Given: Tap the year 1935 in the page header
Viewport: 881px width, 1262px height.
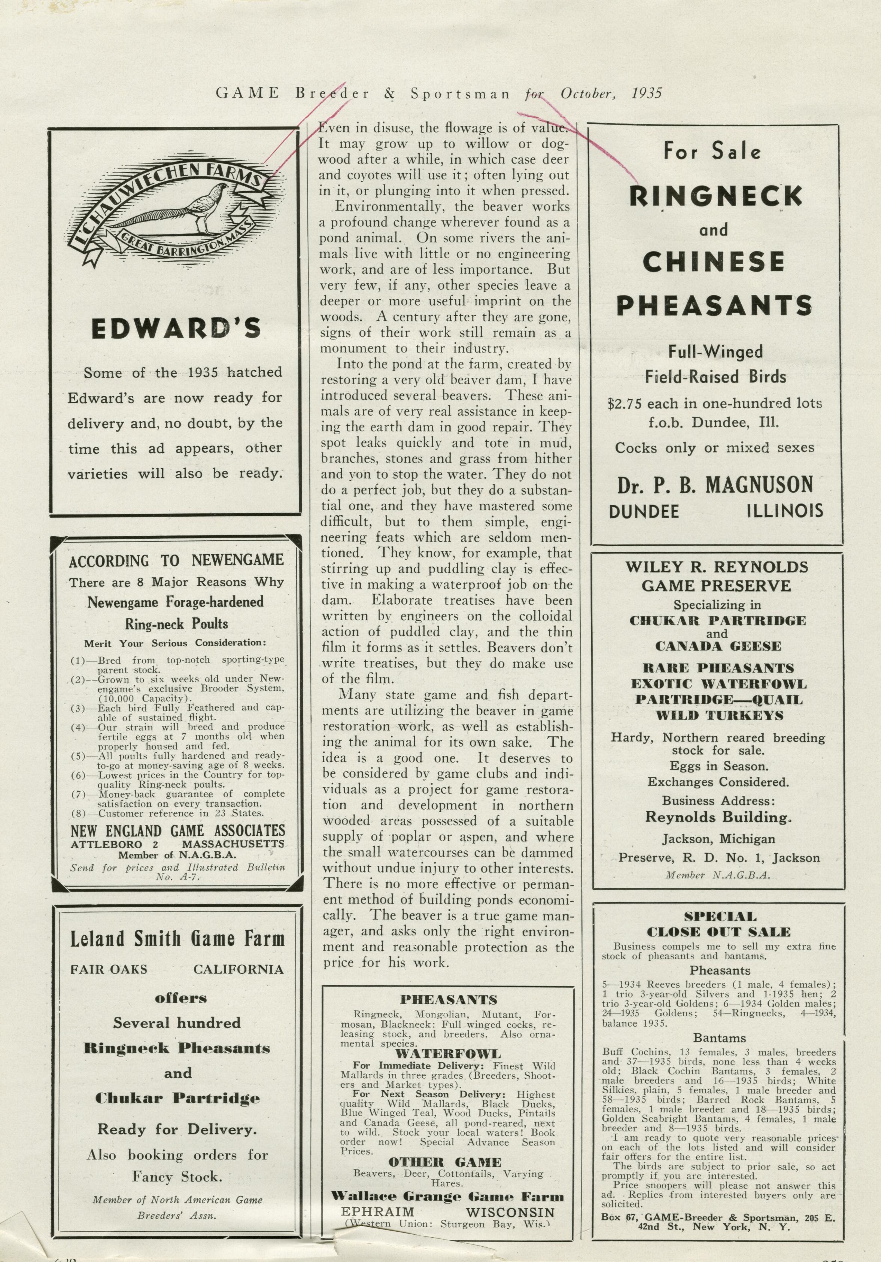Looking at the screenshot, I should pyautogui.click(x=647, y=94).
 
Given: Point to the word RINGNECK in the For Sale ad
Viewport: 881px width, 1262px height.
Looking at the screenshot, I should pyautogui.click(x=715, y=196).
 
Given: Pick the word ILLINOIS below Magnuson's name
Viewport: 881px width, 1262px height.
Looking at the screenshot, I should pyautogui.click(x=785, y=511).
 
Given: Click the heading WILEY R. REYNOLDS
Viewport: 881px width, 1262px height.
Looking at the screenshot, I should pyautogui.click(x=717, y=567).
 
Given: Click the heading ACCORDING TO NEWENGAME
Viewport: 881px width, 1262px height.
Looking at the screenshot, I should pyautogui.click(x=176, y=560).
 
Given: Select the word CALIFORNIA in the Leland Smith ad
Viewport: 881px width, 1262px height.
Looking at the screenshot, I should pyautogui.click(x=238, y=969).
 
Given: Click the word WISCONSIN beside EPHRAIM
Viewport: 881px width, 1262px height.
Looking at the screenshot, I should pyautogui.click(x=510, y=1213).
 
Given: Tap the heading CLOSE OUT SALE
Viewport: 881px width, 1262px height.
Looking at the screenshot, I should pyautogui.click(x=719, y=932).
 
